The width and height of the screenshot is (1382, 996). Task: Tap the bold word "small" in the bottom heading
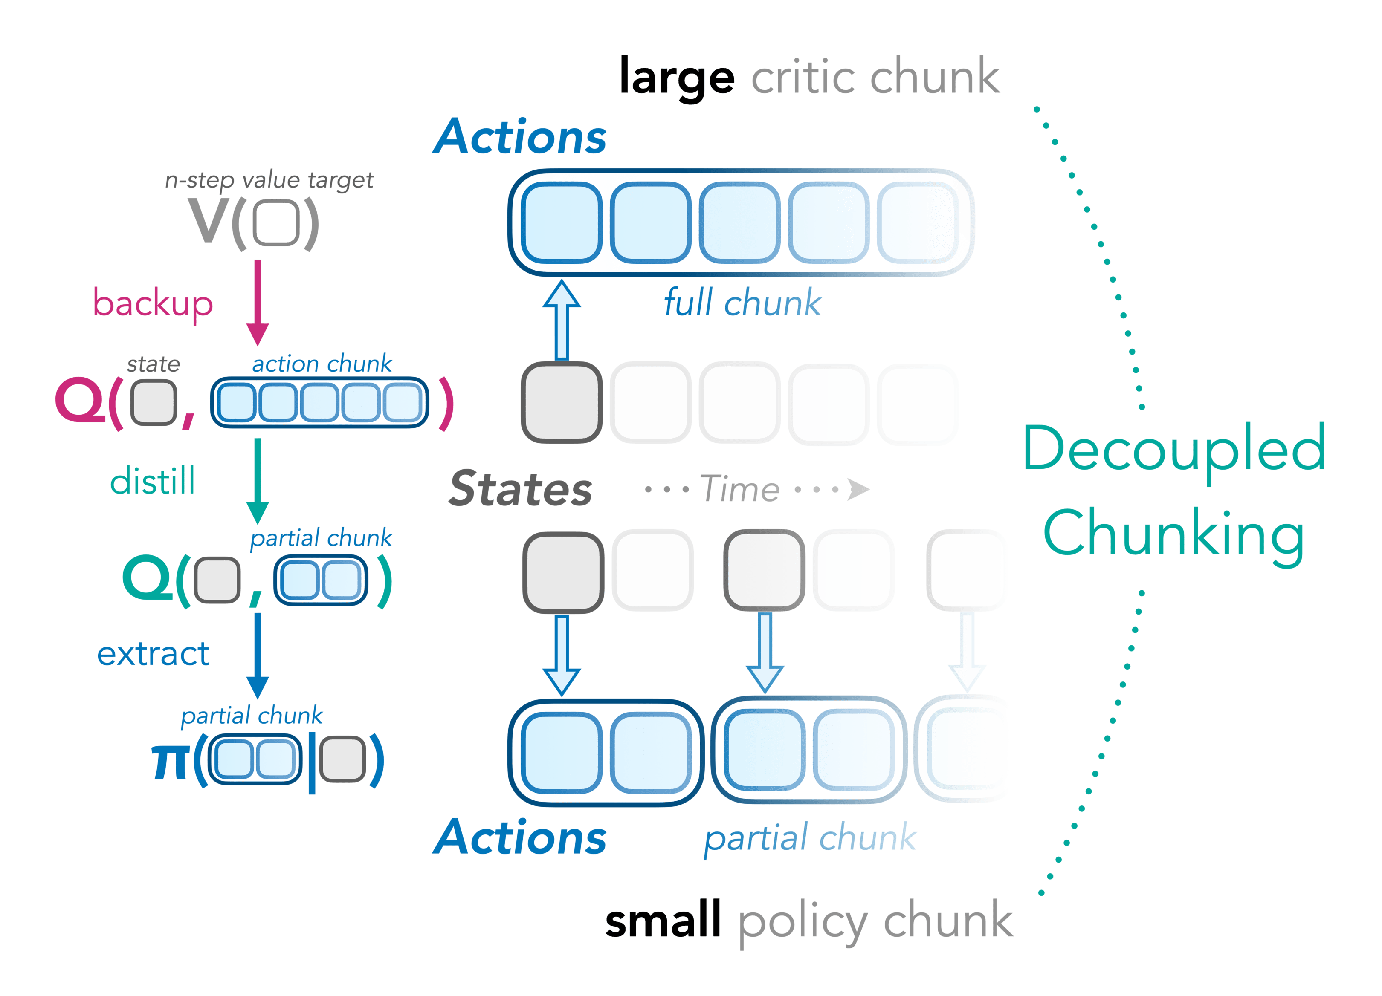pos(663,921)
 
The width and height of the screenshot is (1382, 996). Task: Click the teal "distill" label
pos(152,481)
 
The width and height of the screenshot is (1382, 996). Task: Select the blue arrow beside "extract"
pos(258,655)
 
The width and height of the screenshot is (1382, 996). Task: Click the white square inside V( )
pos(276,223)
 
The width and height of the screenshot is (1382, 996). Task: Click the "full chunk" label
pos(743,303)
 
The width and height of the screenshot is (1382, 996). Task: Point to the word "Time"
pos(740,489)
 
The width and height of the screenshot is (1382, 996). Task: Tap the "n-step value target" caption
pos(269,180)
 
